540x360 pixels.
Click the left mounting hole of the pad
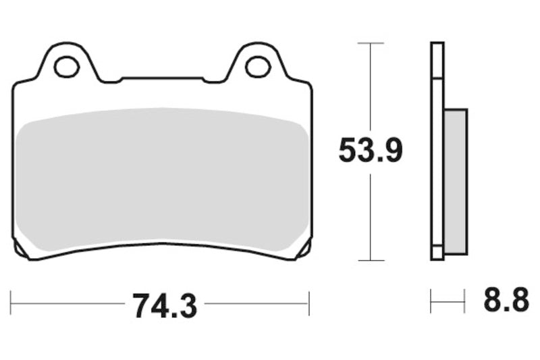coord(66,66)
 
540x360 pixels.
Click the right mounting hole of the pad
coord(257,66)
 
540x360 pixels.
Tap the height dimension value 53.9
coord(370,151)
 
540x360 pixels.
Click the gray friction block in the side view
coord(456,182)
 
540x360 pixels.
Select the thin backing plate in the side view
coord(437,149)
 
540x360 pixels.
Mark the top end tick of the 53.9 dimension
coord(370,43)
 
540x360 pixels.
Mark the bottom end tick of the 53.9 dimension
coord(370,260)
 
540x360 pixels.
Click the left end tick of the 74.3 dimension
coord(12,303)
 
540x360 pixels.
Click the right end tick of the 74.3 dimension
coord(308,303)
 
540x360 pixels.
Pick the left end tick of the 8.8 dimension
coord(431,301)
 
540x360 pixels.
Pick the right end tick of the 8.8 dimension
coord(465,301)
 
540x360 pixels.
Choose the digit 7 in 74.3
coord(140,305)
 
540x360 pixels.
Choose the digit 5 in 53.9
coord(348,151)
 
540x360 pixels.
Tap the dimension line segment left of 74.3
coord(67,303)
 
